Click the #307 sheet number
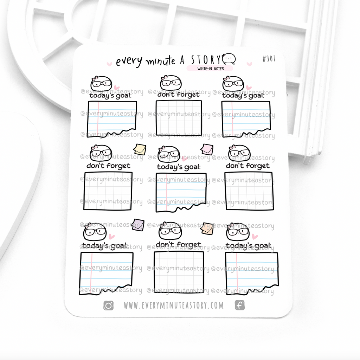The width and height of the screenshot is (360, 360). tap(269, 59)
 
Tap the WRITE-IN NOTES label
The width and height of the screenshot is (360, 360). tap(211, 69)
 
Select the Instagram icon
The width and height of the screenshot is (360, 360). tap(108, 306)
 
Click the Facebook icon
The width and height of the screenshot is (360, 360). tap(240, 306)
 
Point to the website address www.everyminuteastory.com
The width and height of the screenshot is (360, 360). tap(174, 306)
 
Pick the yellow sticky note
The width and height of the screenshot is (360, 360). tap(140, 149)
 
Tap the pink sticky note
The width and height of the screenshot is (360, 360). tap(207, 149)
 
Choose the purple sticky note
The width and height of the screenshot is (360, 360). tap(138, 225)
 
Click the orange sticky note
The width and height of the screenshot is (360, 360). tap(207, 229)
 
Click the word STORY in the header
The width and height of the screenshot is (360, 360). tap(206, 60)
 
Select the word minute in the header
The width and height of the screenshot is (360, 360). tap(160, 61)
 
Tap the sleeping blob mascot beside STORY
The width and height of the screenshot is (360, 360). tap(229, 59)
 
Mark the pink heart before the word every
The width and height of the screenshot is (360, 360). tap(110, 64)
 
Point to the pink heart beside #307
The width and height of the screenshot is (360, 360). tap(249, 64)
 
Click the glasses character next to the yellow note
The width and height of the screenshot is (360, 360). tap(101, 153)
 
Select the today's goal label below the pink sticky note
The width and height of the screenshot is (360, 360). tap(179, 167)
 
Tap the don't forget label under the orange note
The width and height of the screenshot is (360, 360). tap(178, 244)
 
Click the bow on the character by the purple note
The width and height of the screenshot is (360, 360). tap(88, 225)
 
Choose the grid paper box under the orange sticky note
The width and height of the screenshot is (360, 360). tap(179, 272)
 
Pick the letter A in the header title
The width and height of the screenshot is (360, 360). tap(182, 60)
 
